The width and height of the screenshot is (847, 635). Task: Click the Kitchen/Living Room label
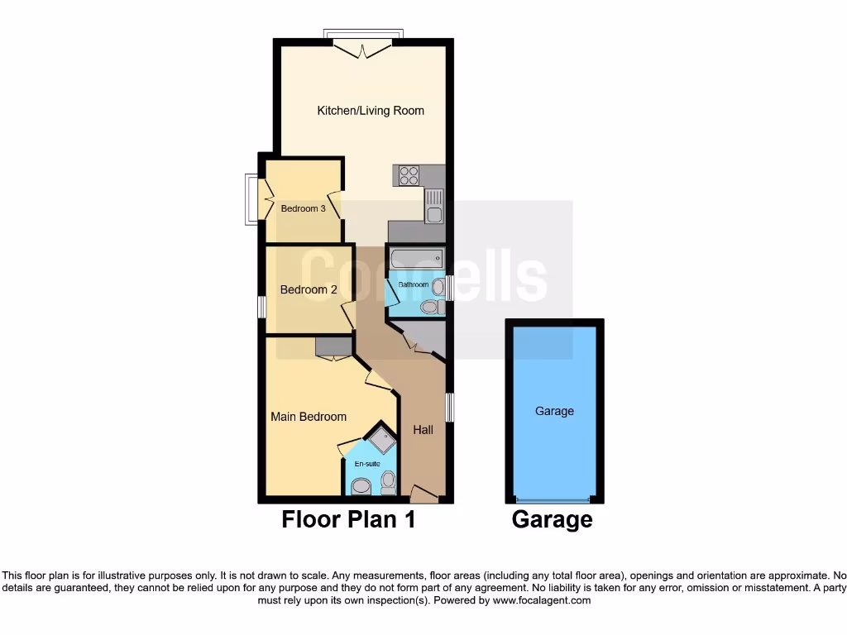pyautogui.click(x=371, y=111)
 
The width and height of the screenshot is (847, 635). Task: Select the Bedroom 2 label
pyautogui.click(x=309, y=290)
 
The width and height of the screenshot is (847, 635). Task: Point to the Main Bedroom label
pyautogui.click(x=309, y=417)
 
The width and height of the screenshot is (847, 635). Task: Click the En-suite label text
pyautogui.click(x=368, y=464)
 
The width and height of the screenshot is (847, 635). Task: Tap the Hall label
pyautogui.click(x=423, y=430)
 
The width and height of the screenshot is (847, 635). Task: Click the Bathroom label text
pyautogui.click(x=414, y=284)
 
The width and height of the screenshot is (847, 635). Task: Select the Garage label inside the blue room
pyautogui.click(x=554, y=411)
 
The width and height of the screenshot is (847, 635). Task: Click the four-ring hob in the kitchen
pyautogui.click(x=409, y=175)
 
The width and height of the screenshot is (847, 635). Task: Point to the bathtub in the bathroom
pyautogui.click(x=416, y=259)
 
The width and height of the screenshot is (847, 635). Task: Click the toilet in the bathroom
pyautogui.click(x=429, y=307)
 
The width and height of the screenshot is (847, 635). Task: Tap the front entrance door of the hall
pyautogui.click(x=424, y=495)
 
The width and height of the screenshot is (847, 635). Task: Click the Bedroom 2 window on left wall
pyautogui.click(x=261, y=307)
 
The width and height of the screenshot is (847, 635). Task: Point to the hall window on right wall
pyautogui.click(x=449, y=407)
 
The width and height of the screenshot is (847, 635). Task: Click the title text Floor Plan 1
pyautogui.click(x=348, y=520)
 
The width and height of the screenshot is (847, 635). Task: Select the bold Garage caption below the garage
pyautogui.click(x=552, y=520)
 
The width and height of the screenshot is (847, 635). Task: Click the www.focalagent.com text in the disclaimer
pyautogui.click(x=541, y=601)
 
